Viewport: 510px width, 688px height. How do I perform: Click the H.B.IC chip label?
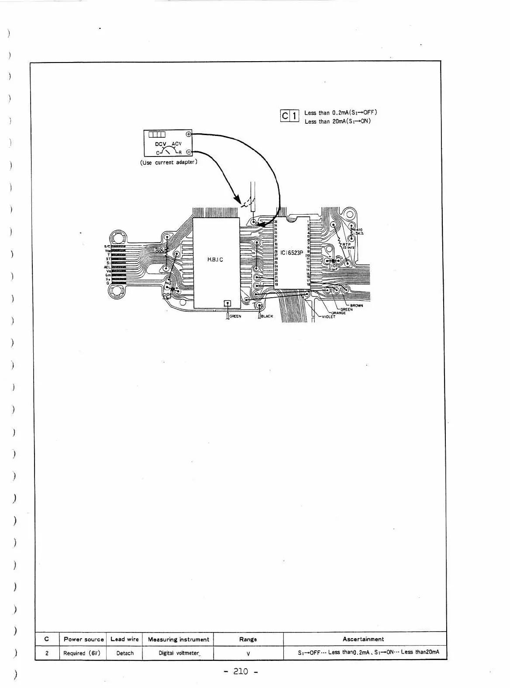tap(215, 260)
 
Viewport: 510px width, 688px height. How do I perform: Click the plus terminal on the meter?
tap(189, 134)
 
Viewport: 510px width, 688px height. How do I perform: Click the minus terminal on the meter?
tap(189, 152)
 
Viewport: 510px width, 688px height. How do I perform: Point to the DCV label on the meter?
tap(162, 144)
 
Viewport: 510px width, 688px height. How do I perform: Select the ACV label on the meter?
tap(176, 144)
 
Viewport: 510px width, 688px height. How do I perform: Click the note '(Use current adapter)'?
tap(169, 162)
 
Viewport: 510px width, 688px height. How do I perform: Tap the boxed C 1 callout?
tap(289, 116)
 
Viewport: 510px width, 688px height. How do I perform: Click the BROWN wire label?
tap(356, 306)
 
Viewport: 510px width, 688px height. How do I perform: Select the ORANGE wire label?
tap(338, 313)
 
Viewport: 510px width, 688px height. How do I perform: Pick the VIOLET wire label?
tap(328, 317)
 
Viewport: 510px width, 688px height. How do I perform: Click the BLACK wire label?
tap(267, 316)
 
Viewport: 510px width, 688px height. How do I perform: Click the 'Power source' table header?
tap(83, 639)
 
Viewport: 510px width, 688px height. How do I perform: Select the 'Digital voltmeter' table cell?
tap(179, 653)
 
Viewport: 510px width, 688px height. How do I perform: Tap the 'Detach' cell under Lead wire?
tap(125, 653)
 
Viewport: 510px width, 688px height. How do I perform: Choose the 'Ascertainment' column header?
tap(363, 639)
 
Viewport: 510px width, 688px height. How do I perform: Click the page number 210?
tap(241, 671)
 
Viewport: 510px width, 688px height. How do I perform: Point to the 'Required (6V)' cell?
tap(83, 653)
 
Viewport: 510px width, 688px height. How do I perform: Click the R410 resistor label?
tap(358, 230)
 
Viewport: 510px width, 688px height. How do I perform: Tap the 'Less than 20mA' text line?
tap(337, 122)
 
